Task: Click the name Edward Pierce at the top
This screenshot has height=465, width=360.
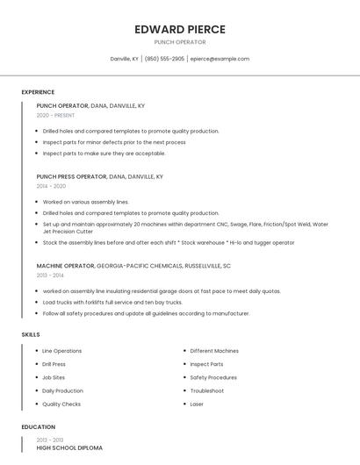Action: click(x=180, y=29)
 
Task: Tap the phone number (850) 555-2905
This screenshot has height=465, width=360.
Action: click(x=164, y=59)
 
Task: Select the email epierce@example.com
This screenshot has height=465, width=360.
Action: click(x=220, y=59)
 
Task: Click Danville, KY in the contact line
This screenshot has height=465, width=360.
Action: click(x=124, y=59)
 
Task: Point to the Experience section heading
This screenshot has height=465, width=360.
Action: click(x=38, y=92)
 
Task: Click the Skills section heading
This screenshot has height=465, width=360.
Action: click(x=31, y=334)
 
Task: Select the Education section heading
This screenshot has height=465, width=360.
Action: click(x=38, y=427)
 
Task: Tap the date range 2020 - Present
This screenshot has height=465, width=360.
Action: click(x=55, y=115)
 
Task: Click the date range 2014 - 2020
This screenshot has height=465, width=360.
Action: click(x=51, y=186)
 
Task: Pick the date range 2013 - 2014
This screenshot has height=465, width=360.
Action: click(x=50, y=275)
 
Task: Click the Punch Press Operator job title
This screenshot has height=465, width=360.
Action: click(x=71, y=176)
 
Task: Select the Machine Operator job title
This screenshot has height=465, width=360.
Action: click(x=65, y=265)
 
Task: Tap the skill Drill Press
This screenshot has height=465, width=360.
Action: click(x=54, y=364)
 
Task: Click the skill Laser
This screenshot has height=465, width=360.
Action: click(x=197, y=404)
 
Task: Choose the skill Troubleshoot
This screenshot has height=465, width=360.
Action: click(x=207, y=390)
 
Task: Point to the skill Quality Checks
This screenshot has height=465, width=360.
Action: click(x=61, y=404)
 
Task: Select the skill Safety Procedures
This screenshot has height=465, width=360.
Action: click(x=213, y=377)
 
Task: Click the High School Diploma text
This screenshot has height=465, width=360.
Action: click(x=69, y=447)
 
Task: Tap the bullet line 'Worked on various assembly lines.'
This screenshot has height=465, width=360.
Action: click(x=85, y=202)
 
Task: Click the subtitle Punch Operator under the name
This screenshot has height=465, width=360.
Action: click(x=180, y=42)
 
